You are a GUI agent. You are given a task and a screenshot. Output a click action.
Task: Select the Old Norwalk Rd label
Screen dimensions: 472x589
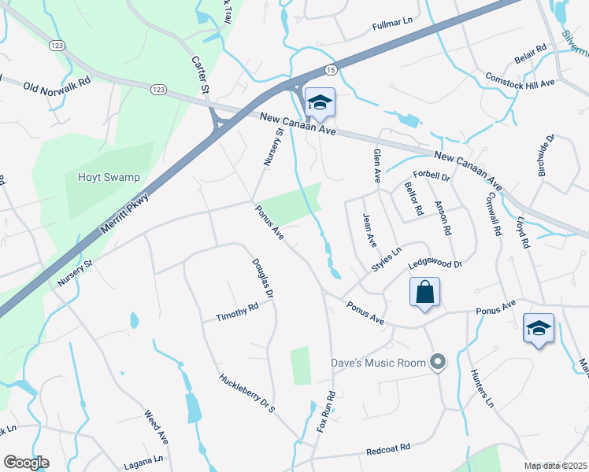[57, 86]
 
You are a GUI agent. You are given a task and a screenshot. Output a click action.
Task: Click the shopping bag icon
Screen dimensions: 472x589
[424, 293]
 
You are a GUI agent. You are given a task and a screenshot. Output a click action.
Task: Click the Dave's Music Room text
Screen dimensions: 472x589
[379, 363]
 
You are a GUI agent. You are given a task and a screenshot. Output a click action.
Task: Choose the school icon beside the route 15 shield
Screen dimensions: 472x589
[320, 102]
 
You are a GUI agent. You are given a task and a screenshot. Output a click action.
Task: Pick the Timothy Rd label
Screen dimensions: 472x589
[238, 312]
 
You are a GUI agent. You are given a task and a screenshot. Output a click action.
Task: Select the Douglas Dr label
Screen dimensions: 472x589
[263, 278]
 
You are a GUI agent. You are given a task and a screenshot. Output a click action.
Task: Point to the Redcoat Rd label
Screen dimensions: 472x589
[389, 449]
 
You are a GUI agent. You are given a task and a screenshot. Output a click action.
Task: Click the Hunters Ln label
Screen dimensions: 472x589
[481, 389]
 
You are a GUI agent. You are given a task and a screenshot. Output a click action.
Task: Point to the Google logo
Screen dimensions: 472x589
[26, 463]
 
